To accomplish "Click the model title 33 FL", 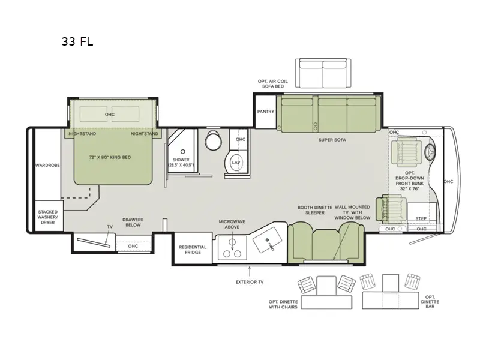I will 77,42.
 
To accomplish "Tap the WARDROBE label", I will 47,165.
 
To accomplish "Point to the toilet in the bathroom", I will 212,142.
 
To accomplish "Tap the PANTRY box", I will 265,112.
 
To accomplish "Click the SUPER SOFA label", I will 332,139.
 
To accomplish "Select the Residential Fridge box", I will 193,250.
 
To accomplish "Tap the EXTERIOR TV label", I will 248,281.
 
